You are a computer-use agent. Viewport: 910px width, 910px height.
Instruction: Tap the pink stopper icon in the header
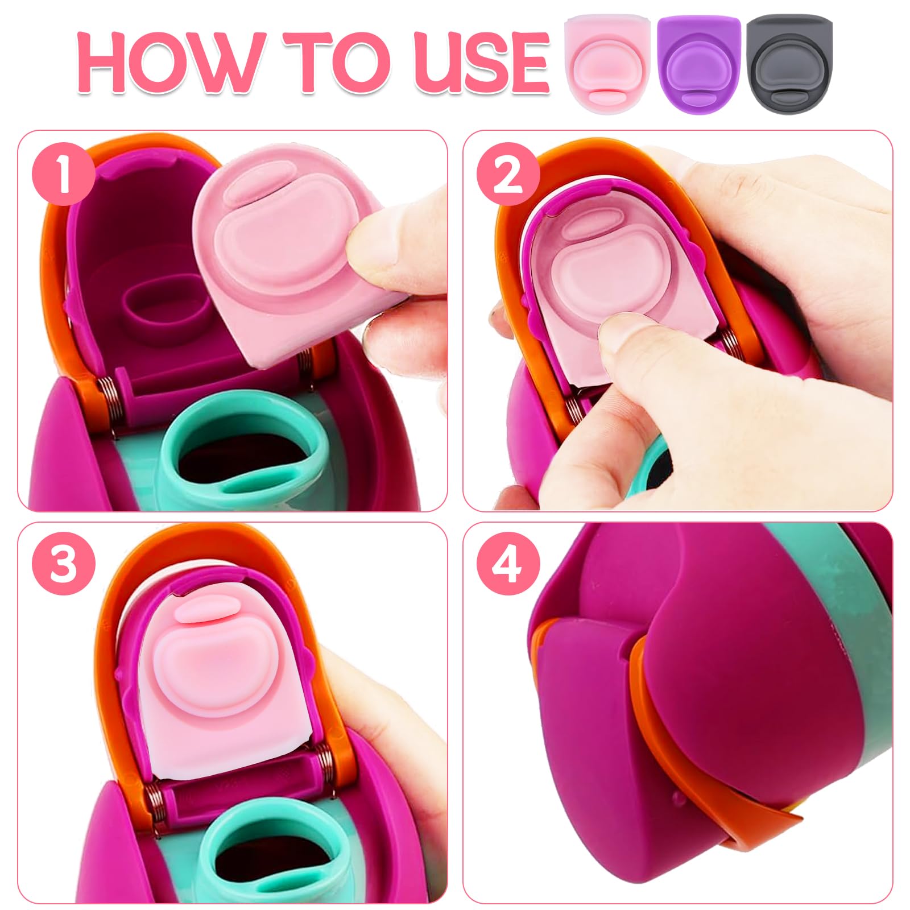point(607,63)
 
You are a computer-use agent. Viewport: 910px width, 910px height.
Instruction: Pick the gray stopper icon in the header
point(789,63)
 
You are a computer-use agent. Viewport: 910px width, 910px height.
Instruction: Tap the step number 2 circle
point(507,173)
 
